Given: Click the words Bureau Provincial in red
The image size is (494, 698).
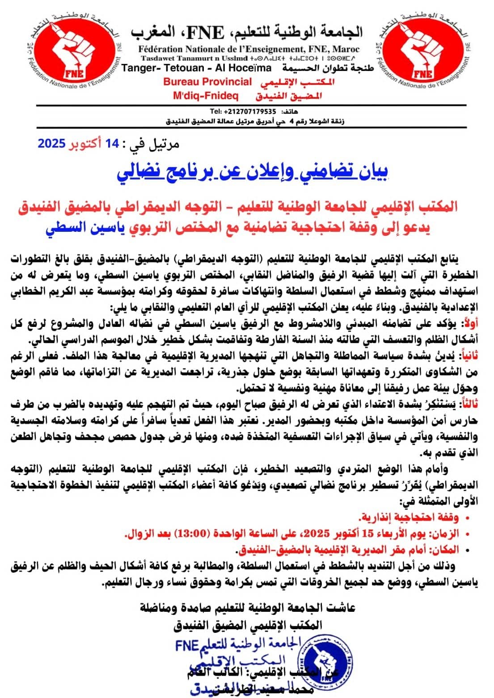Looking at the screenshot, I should pyautogui.click(x=207, y=82).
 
